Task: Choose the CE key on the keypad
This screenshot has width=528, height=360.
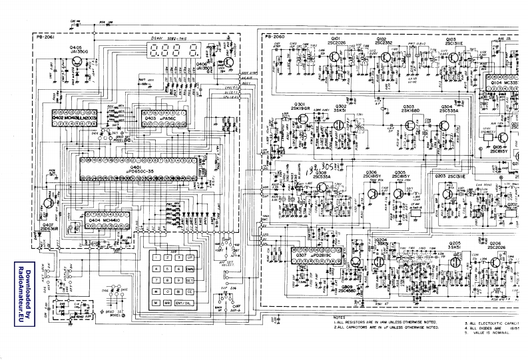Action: pos(190,291)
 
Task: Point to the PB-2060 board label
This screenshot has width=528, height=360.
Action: pos(275,37)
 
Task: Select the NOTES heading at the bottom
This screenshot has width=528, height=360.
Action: pos(340,319)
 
